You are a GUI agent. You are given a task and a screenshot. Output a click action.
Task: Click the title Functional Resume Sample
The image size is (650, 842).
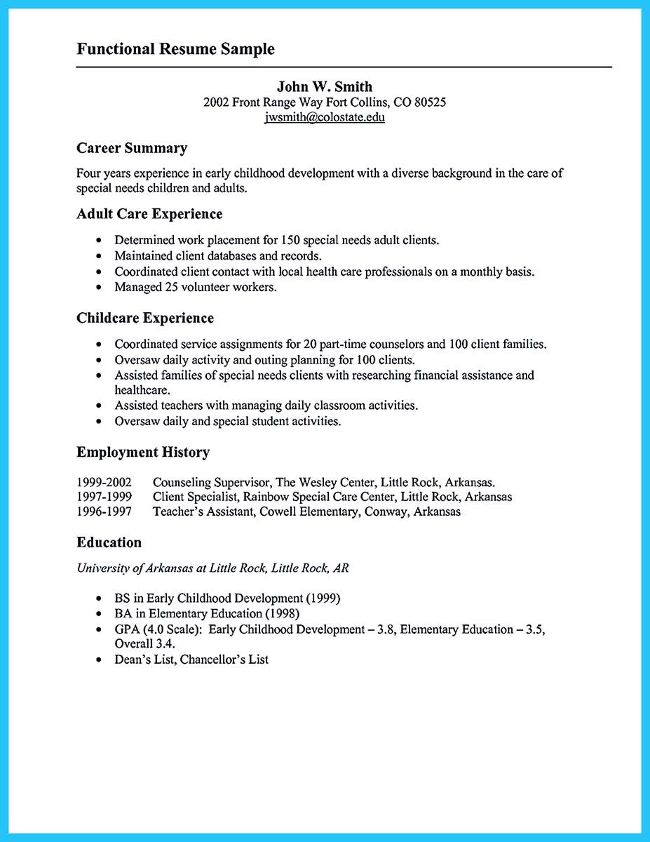(175, 49)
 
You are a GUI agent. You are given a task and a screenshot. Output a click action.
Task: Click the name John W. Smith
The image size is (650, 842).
(325, 86)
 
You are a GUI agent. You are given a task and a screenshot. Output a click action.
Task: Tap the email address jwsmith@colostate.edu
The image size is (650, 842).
(325, 117)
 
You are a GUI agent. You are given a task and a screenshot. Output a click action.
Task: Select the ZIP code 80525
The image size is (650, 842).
(429, 102)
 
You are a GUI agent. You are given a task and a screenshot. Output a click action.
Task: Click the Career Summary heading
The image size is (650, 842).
(132, 148)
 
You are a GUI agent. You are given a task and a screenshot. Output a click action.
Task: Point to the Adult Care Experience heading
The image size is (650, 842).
(149, 214)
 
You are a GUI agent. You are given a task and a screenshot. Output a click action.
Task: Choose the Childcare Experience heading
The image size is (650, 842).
(145, 318)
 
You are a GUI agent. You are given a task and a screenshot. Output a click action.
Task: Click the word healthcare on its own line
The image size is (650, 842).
(142, 389)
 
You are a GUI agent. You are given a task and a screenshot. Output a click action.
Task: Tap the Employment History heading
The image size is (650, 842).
(143, 453)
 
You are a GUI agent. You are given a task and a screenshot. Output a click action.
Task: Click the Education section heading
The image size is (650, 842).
(109, 542)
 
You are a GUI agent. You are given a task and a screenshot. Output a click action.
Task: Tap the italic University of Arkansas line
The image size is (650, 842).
(212, 568)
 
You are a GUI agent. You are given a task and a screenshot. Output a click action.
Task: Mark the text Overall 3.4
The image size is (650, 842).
(145, 643)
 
